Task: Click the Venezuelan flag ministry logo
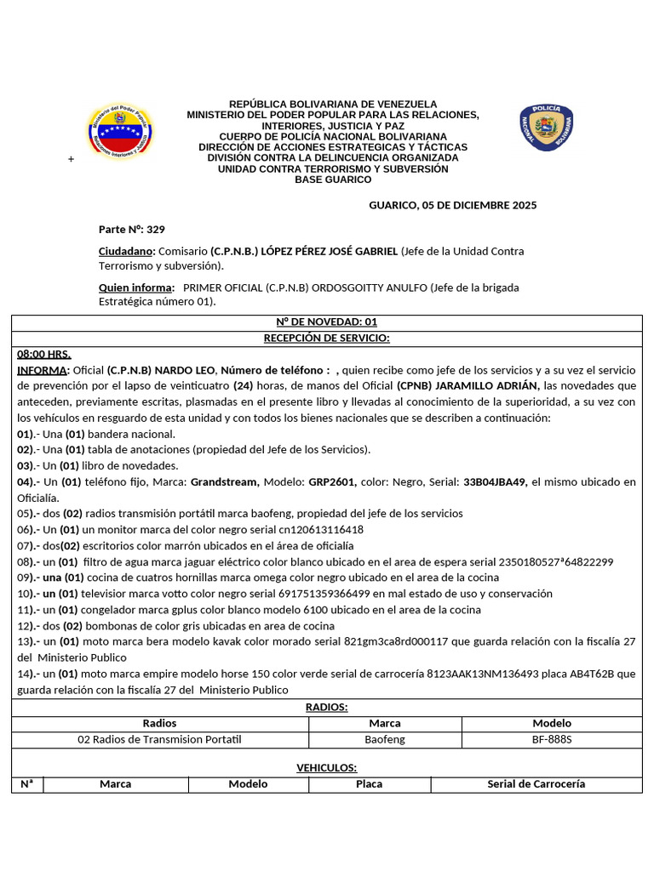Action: pos(120,132)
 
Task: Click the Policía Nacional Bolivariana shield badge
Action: pos(546,128)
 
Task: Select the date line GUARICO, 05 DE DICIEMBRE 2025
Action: pos(452,205)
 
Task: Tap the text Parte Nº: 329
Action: pos(132,229)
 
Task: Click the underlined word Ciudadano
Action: pos(126,251)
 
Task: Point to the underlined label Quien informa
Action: pos(136,287)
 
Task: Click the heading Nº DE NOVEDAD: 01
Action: pos(327,322)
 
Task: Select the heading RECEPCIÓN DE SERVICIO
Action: pos(327,338)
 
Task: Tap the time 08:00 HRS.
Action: pos(44,354)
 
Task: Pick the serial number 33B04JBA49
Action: pos(495,481)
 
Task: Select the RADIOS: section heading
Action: pos(327,707)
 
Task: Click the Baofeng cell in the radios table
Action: pos(385,739)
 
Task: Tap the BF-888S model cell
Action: pos(552,739)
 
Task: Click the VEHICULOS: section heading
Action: pos(327,767)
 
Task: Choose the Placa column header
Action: pos(369,783)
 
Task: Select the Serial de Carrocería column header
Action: pos(536,783)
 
